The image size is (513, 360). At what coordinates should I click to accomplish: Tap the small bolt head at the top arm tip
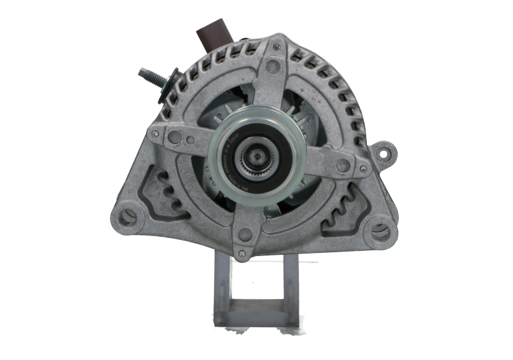[x=274, y=66]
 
